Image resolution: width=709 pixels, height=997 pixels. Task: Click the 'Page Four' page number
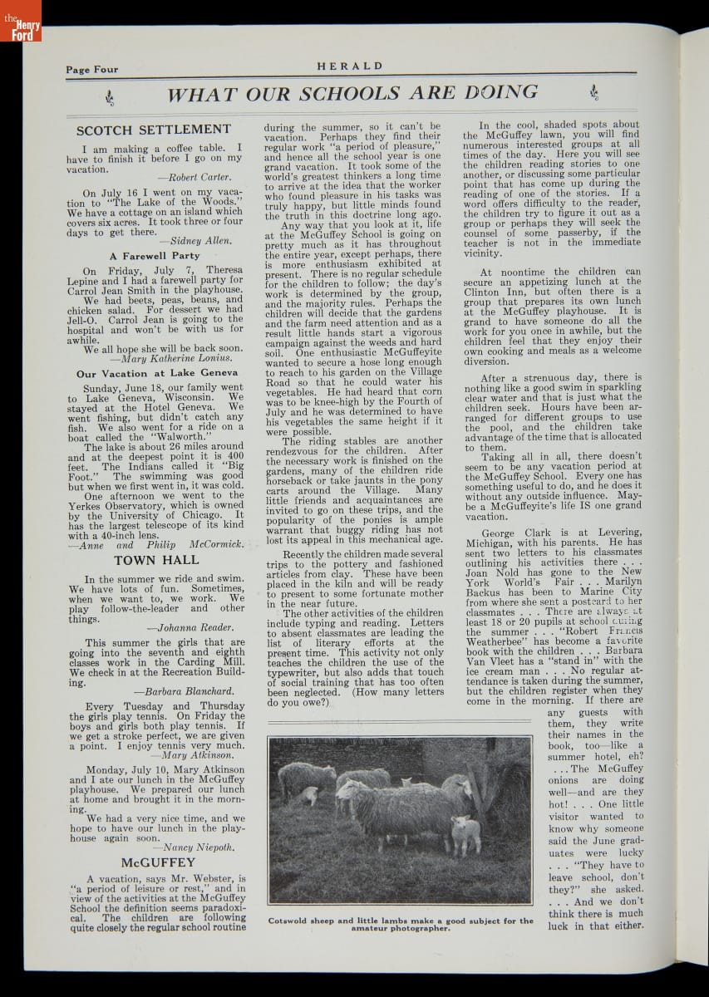91,70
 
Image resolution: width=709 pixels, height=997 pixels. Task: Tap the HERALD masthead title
350,66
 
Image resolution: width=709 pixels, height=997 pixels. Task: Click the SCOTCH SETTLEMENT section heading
153,130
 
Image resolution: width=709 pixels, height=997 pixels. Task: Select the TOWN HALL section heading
156,560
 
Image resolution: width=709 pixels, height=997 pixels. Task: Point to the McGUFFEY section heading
157,862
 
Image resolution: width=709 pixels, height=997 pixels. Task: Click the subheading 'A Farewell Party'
155,256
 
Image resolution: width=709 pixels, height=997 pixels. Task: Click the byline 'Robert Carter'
199,177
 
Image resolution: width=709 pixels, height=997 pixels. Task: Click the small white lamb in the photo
465,833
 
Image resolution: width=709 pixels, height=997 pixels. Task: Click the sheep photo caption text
401,924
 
